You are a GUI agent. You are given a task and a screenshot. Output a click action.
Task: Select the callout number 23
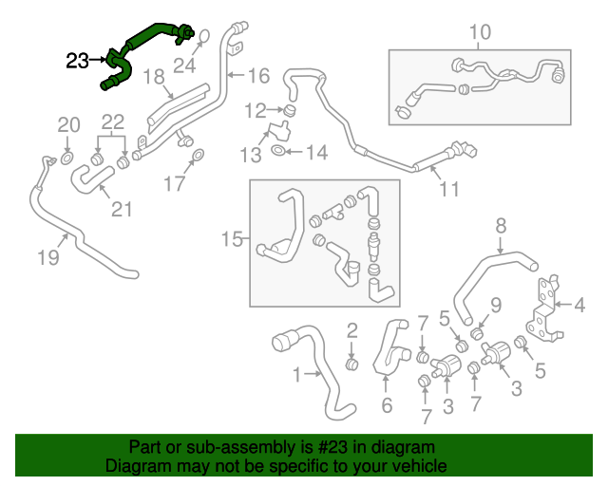(x=78, y=62)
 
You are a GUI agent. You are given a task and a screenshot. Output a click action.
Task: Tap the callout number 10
(x=480, y=32)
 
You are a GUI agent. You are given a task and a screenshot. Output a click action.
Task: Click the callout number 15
(x=232, y=239)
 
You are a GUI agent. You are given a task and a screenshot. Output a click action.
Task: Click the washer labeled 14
(x=276, y=150)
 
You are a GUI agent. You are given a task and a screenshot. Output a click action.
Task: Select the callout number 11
(x=448, y=189)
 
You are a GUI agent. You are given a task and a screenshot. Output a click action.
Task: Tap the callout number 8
(x=501, y=226)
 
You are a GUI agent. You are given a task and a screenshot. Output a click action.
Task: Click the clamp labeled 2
(x=351, y=363)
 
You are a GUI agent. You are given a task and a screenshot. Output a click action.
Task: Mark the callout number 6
(x=386, y=407)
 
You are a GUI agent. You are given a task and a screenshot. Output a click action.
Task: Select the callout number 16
(x=258, y=75)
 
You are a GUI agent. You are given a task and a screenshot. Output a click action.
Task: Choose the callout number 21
(x=122, y=208)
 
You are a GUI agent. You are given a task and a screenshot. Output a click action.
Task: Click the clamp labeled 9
(x=478, y=332)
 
